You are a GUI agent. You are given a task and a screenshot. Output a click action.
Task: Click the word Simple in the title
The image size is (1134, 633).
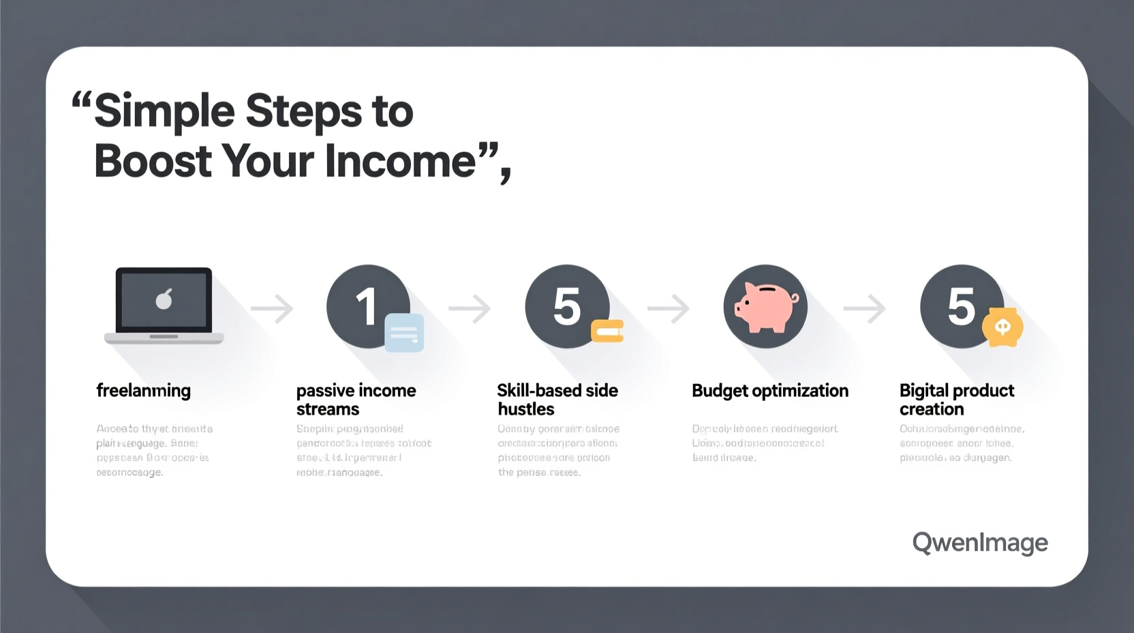pyautogui.click(x=164, y=111)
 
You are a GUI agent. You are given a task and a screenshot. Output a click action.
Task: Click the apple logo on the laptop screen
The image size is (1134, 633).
pyautogui.click(x=164, y=299)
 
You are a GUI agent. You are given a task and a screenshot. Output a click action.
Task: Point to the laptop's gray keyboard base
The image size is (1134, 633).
pyautogui.click(x=164, y=338)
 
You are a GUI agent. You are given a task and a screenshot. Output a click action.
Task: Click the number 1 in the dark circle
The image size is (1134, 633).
pyautogui.click(x=366, y=306)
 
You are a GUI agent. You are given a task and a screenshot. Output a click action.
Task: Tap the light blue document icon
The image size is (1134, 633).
pyautogui.click(x=404, y=333)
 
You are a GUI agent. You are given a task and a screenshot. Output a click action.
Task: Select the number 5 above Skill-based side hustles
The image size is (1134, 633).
pyautogui.click(x=566, y=306)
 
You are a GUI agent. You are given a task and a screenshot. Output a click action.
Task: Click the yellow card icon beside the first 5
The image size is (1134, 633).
pyautogui.click(x=607, y=331)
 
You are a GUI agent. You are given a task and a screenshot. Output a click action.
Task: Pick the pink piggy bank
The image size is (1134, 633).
pyautogui.click(x=766, y=306)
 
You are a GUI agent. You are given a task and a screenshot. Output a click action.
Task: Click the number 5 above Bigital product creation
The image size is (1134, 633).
pyautogui.click(x=961, y=306)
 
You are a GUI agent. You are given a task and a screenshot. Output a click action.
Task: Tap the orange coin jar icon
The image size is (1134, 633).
pyautogui.click(x=1002, y=327)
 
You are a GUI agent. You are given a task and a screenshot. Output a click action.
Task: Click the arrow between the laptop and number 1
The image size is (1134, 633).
pyautogui.click(x=272, y=309)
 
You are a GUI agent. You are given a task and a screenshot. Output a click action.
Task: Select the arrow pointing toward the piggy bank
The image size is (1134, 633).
pyautogui.click(x=669, y=309)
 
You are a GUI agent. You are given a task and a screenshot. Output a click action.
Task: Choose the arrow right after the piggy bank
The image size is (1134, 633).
pyautogui.click(x=865, y=309)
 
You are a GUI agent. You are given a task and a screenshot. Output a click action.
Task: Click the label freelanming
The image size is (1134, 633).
pyautogui.click(x=143, y=391)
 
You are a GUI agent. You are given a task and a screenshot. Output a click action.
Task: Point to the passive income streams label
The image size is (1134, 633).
pyautogui.click(x=356, y=400)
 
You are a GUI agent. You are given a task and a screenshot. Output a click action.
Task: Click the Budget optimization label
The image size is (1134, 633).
pyautogui.click(x=770, y=391)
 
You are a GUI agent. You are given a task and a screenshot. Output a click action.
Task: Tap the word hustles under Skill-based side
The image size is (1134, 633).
pyautogui.click(x=526, y=409)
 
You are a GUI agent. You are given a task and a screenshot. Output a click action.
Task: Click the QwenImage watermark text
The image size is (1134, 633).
pyautogui.click(x=980, y=543)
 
